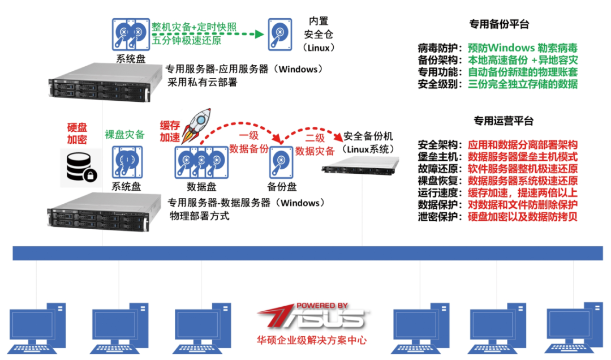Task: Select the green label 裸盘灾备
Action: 124,135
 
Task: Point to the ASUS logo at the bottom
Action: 311,317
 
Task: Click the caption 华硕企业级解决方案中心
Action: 311,341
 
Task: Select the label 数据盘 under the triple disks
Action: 200,186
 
